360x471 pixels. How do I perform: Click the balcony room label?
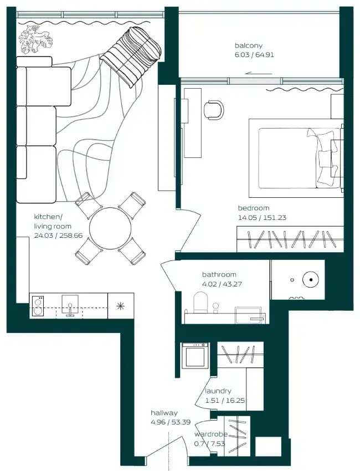249,45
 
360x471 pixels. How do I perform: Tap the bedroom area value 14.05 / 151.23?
262,217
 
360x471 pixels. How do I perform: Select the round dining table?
110,228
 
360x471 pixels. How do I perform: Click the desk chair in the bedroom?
214,110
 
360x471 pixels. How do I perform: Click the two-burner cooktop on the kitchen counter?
38,306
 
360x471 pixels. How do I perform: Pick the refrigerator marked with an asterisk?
121,306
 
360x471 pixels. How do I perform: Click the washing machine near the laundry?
195,355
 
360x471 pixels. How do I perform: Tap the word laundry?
218,391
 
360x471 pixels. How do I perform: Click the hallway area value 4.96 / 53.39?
171,422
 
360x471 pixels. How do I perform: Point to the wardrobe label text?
211,434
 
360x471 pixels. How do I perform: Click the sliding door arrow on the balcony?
259,73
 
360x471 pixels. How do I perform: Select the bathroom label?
219,274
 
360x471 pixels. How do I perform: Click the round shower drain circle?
311,280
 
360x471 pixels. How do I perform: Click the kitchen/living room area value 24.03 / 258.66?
58,235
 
